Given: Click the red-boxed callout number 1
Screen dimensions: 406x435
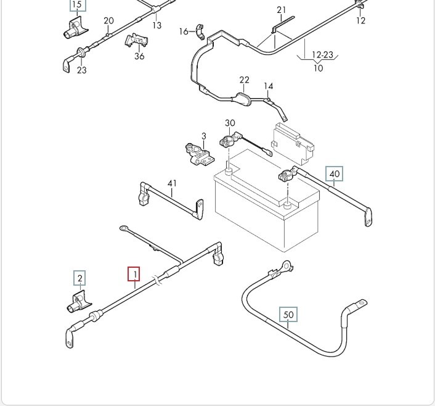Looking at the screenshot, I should pos(134,273).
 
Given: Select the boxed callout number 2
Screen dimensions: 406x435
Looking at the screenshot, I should pos(79,278).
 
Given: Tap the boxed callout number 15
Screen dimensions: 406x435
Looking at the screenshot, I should pos(77,6).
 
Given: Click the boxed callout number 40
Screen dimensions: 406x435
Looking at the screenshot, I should pos(335,174).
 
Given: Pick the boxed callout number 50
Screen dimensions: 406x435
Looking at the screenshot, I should pos(288,315).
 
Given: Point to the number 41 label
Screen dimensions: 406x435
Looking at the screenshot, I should pos(172,183).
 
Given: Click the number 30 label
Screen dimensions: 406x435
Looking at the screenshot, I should pos(230,123).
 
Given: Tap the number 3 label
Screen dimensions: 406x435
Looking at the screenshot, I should pos(203,136).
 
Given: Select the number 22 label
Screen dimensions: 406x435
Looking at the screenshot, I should pos(245,80).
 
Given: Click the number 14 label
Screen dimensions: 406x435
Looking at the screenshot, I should pos(268,86).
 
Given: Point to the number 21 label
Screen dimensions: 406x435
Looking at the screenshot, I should pos(282,10).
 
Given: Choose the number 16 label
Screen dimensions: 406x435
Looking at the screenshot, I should pos(184,31).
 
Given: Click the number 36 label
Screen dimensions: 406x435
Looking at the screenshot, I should pos(139,56).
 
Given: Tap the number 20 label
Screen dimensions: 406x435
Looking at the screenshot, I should pos(108,21).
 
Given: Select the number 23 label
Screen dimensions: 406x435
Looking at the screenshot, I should pos(82,70).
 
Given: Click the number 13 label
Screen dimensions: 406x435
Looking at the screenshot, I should pos(157,25).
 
